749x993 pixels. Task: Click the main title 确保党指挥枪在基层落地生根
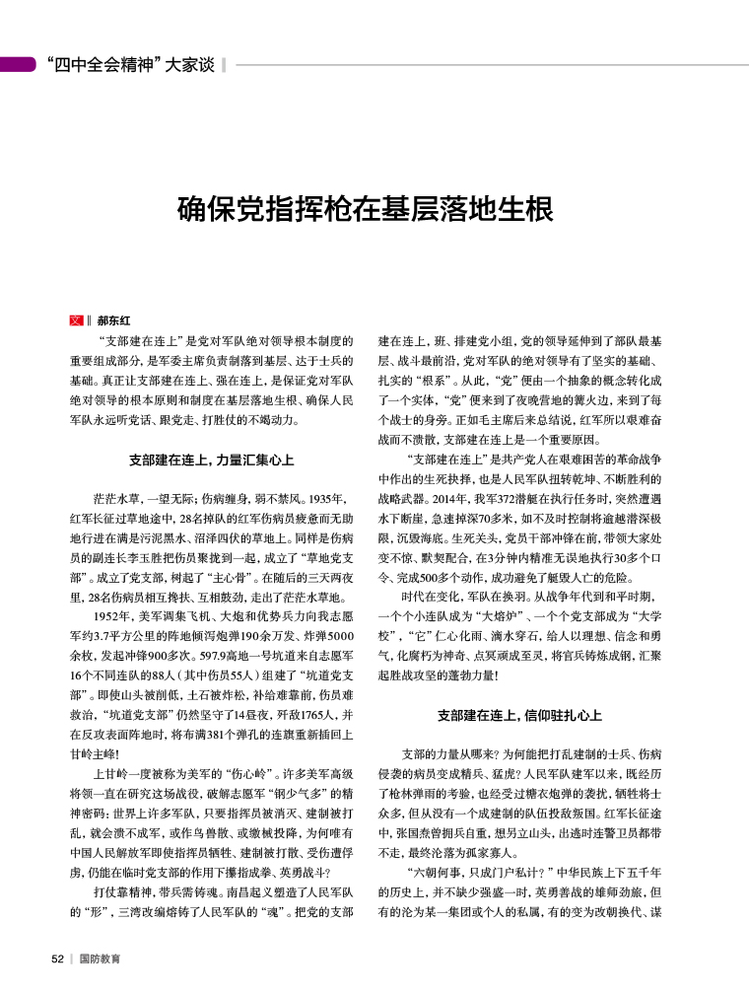365,210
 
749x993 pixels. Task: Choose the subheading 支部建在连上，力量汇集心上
211,461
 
